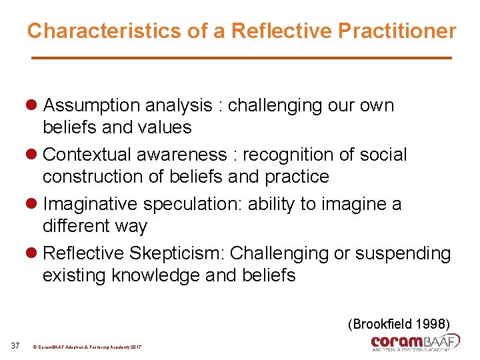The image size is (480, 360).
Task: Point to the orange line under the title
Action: click(242, 59)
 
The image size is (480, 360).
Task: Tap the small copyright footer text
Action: click(87, 347)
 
